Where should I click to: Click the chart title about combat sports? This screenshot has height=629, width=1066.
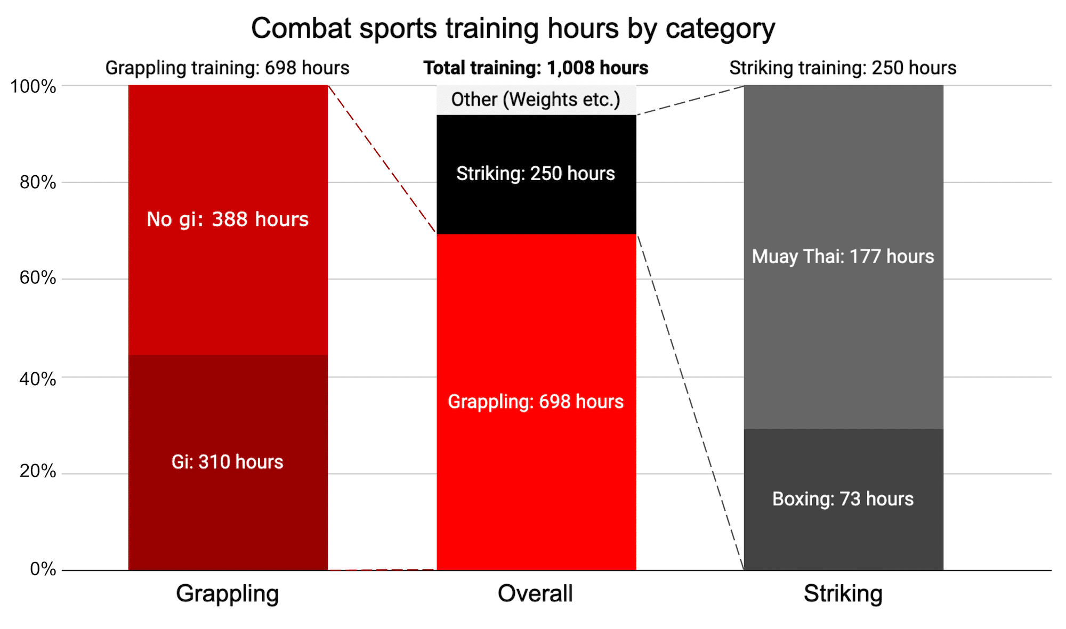[x=513, y=28]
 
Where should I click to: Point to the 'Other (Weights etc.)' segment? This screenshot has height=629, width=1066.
[x=536, y=100]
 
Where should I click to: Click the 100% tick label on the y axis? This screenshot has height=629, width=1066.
[x=33, y=86]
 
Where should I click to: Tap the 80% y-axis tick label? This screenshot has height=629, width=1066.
[x=37, y=183]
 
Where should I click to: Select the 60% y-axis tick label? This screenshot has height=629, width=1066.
[x=37, y=278]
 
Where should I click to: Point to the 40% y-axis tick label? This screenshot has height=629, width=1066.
[x=37, y=379]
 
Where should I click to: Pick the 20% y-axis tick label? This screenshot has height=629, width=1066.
[x=37, y=471]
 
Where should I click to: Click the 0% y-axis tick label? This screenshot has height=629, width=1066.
[x=43, y=569]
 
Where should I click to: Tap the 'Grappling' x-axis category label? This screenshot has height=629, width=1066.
[x=228, y=593]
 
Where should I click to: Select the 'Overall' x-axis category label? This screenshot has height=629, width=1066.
[x=535, y=593]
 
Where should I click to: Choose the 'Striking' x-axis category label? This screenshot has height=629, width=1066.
[x=843, y=593]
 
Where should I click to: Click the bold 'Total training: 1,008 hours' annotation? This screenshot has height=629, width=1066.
[x=536, y=68]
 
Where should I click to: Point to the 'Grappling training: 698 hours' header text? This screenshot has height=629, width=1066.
[x=227, y=68]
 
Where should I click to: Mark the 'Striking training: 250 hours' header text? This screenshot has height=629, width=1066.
[x=843, y=68]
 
